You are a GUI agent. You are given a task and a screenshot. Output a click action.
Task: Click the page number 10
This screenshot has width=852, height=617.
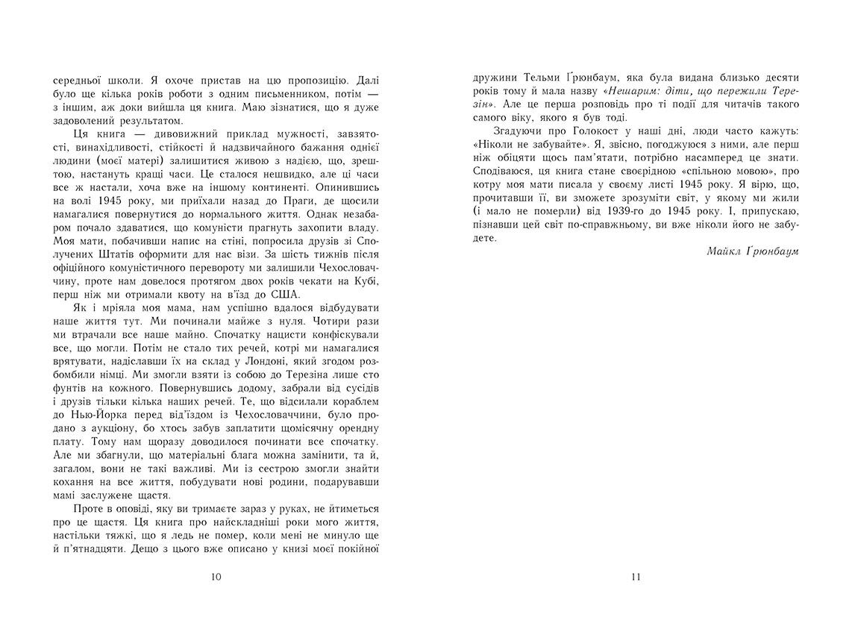(x=216, y=577)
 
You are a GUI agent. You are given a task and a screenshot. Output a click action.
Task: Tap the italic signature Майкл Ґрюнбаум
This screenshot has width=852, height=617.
(x=752, y=251)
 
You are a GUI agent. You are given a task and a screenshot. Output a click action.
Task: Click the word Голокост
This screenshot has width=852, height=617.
(x=587, y=131)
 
